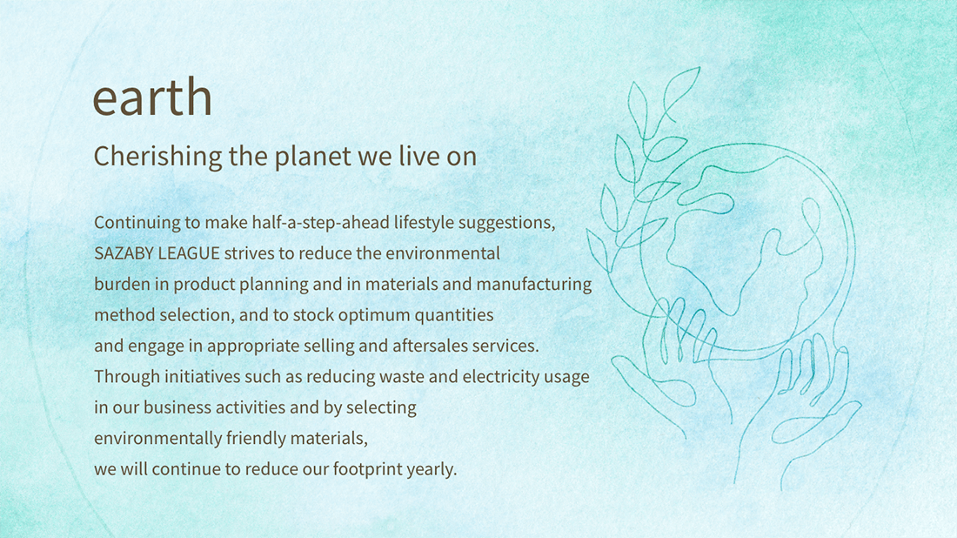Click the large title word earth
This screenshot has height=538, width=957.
click(152, 97)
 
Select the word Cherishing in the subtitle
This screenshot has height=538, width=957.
click(157, 157)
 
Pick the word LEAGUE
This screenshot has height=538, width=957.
click(189, 253)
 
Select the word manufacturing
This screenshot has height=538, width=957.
click(534, 285)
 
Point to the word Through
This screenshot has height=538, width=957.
click(127, 377)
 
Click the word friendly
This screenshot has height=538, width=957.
click(256, 439)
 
